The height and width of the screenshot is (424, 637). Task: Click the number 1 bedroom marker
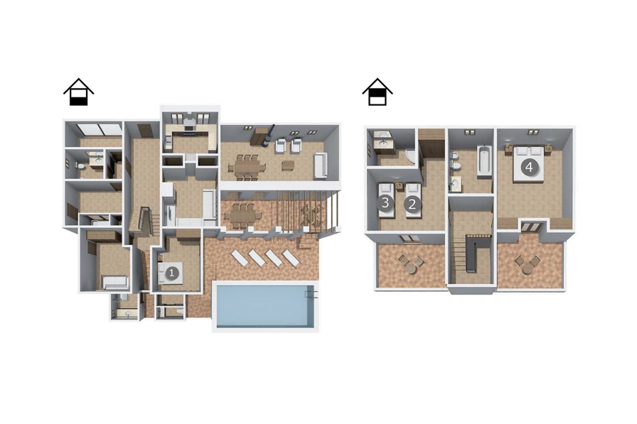171,272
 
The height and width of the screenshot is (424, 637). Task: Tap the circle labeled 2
410,204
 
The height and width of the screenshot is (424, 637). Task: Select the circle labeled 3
385,204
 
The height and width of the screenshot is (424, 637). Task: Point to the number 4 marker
528,168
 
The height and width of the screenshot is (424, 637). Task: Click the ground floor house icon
78,93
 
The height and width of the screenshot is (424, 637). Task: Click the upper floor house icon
378,93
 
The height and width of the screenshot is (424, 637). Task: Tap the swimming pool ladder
311,293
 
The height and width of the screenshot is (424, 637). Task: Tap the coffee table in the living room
287,165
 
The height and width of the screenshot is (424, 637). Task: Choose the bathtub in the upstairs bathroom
483,159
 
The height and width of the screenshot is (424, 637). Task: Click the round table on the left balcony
409,263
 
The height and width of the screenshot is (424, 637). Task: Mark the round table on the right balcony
527,263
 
